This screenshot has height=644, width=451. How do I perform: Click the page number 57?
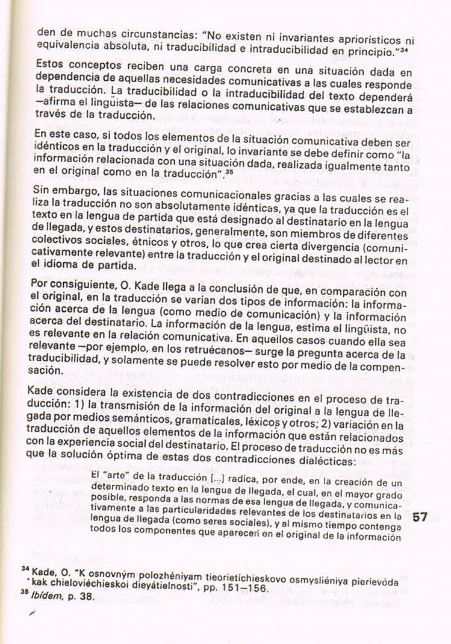pyautogui.click(x=420, y=517)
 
